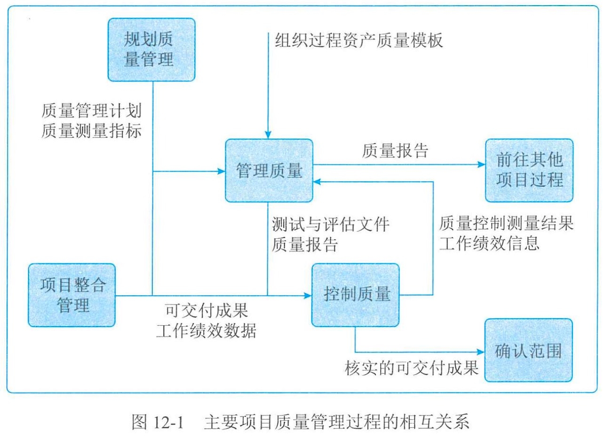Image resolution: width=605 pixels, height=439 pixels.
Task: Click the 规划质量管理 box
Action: pos(151,50)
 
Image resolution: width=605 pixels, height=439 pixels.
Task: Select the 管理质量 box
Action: pos(269,171)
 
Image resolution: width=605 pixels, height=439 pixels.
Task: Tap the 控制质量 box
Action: pos(356,295)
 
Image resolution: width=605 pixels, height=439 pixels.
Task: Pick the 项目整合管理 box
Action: pos(72,295)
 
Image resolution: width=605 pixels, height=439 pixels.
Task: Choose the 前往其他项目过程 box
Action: pos(529,171)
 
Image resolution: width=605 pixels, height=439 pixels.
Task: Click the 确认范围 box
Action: pos(529,350)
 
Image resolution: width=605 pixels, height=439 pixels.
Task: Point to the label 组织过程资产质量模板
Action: pos(359,40)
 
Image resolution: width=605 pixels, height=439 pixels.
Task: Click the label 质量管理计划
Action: pos(92,110)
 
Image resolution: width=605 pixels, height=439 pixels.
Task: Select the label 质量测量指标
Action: pos(92,131)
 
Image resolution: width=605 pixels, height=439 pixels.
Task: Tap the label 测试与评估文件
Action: pos(330,224)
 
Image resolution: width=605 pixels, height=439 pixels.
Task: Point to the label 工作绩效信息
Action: pos(489,243)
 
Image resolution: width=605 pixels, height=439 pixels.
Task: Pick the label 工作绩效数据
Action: pos(207,330)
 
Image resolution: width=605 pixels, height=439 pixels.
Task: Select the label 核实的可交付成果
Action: pos(412,368)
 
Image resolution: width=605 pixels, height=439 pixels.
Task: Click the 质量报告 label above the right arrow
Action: pos(395,150)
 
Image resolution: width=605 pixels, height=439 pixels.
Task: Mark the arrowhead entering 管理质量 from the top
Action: pos(268,135)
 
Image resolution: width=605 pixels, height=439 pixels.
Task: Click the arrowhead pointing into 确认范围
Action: pos(481,352)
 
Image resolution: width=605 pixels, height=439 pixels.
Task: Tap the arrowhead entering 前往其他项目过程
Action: pos(481,165)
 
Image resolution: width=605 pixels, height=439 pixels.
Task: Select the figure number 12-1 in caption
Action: pos(168,422)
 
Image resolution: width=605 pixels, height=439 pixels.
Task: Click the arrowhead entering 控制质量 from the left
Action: pos(308,296)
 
